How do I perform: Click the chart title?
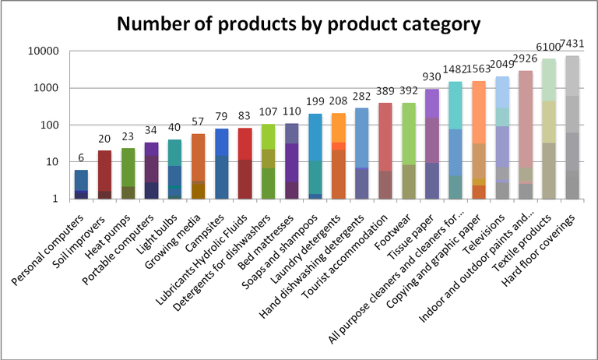point(298,24)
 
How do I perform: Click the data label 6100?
point(549,50)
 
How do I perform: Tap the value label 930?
point(431,78)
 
